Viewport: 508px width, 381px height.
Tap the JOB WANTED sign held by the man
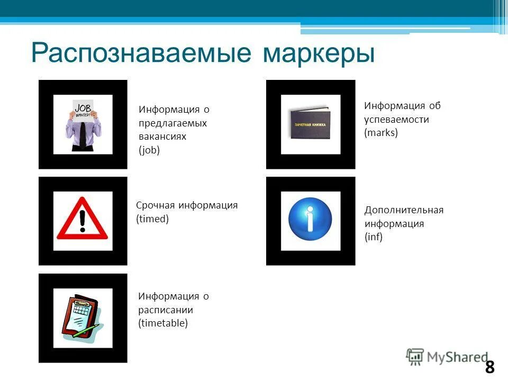pos(83,111)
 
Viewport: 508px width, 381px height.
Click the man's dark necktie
pos(83,135)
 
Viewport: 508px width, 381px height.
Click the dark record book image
pos(311,124)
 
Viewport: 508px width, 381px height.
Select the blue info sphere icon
pos(310,220)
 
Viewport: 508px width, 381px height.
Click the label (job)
pos(149,150)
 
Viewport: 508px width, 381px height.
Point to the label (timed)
pos(152,219)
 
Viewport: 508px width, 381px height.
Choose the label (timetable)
pos(163,323)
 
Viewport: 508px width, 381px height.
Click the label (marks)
pos(380,133)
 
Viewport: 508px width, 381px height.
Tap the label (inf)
pos(373,237)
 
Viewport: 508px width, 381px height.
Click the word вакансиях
pos(162,137)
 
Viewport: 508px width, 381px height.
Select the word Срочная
pos(155,205)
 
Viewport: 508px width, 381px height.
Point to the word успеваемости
pos(396,120)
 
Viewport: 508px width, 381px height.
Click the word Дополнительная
pos(404,210)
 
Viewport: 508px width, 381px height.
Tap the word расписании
pos(165,310)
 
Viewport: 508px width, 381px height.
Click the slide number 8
pos(489,367)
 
